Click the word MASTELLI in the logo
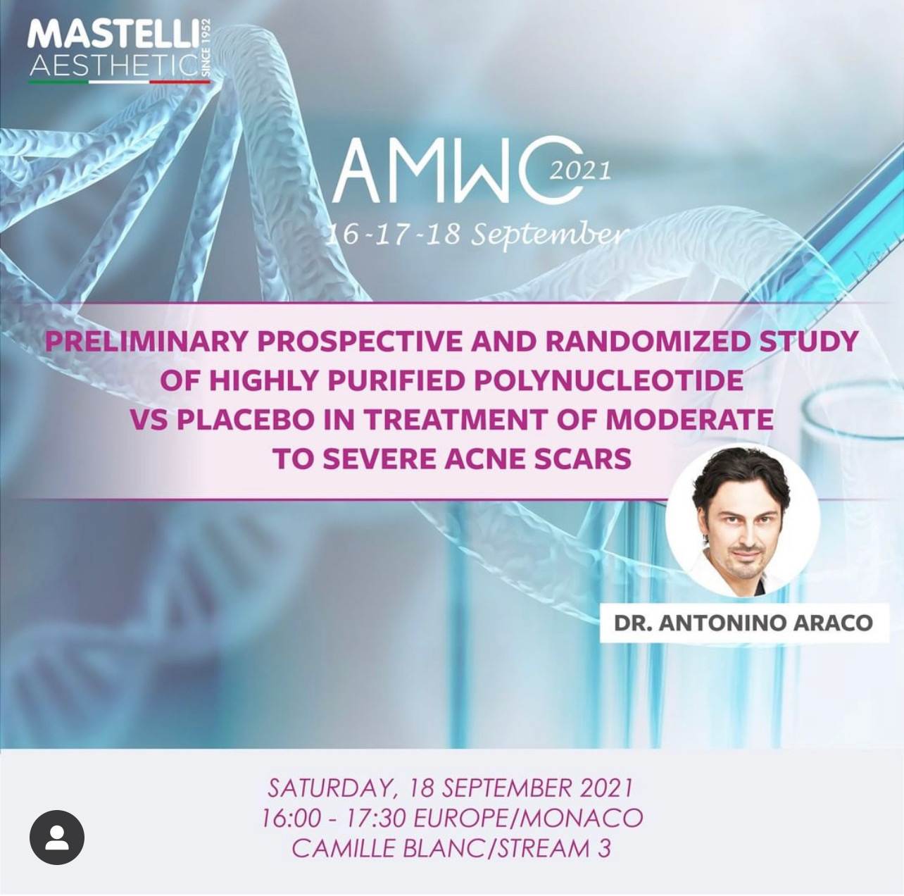coord(111,36)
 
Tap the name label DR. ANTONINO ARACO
coord(743,623)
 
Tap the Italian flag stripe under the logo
coord(119,82)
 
